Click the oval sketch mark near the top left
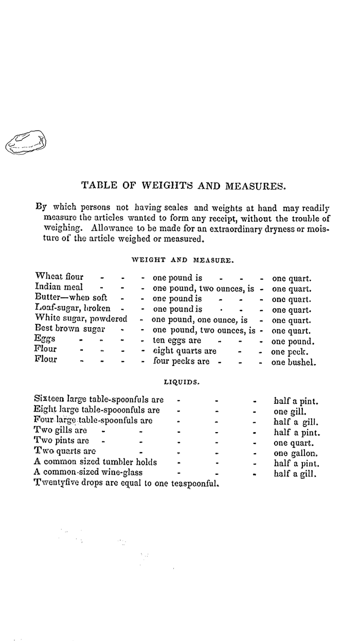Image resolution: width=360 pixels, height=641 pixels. click(x=25, y=142)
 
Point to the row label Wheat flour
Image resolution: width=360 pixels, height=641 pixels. click(x=59, y=277)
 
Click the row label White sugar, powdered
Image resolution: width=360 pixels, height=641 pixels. click(x=81, y=319)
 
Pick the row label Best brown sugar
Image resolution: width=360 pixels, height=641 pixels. click(x=70, y=330)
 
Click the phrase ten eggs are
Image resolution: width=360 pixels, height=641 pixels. click(x=178, y=341)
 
